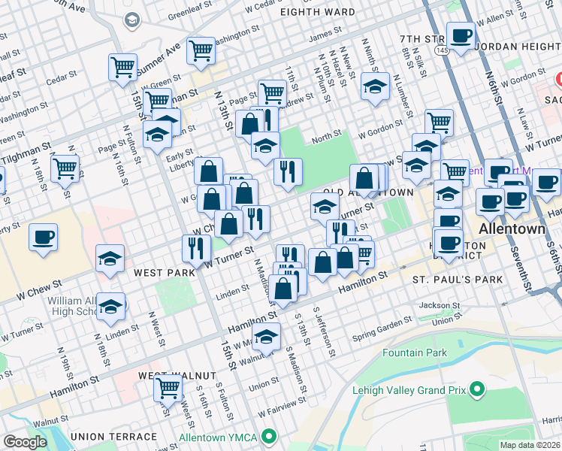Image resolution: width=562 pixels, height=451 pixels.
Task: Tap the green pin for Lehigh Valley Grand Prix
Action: tap(476, 389)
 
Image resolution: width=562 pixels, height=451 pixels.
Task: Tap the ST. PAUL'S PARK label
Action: tap(457, 280)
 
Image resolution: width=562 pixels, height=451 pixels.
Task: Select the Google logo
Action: tap(25, 442)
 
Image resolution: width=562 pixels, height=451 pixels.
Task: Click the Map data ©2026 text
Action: tap(530, 444)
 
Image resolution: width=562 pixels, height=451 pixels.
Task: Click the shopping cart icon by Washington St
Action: tap(201, 50)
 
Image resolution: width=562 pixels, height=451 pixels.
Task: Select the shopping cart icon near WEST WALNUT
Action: tap(168, 387)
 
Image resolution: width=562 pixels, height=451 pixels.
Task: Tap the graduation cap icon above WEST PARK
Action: tap(110, 259)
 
